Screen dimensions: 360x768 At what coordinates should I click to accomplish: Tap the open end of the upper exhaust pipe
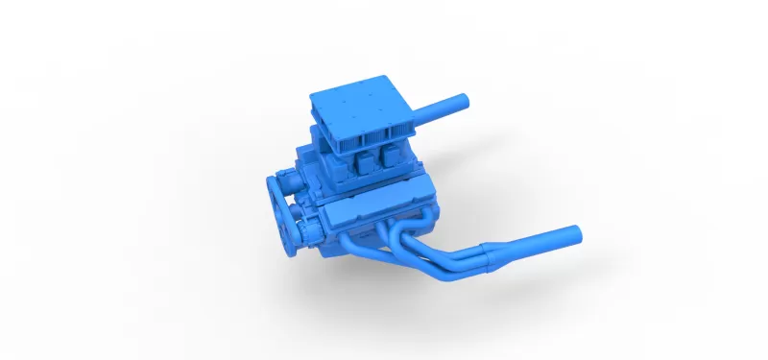(463, 99)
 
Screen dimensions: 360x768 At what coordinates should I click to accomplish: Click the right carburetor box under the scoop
(392, 155)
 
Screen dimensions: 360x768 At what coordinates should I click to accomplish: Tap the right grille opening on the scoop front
(403, 130)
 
